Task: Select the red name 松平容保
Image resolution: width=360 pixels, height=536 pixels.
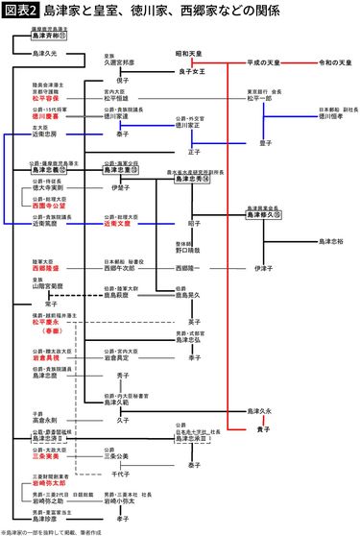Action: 45,98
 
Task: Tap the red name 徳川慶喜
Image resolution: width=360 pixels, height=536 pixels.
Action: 45,115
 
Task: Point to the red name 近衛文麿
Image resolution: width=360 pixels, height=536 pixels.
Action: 117,223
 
